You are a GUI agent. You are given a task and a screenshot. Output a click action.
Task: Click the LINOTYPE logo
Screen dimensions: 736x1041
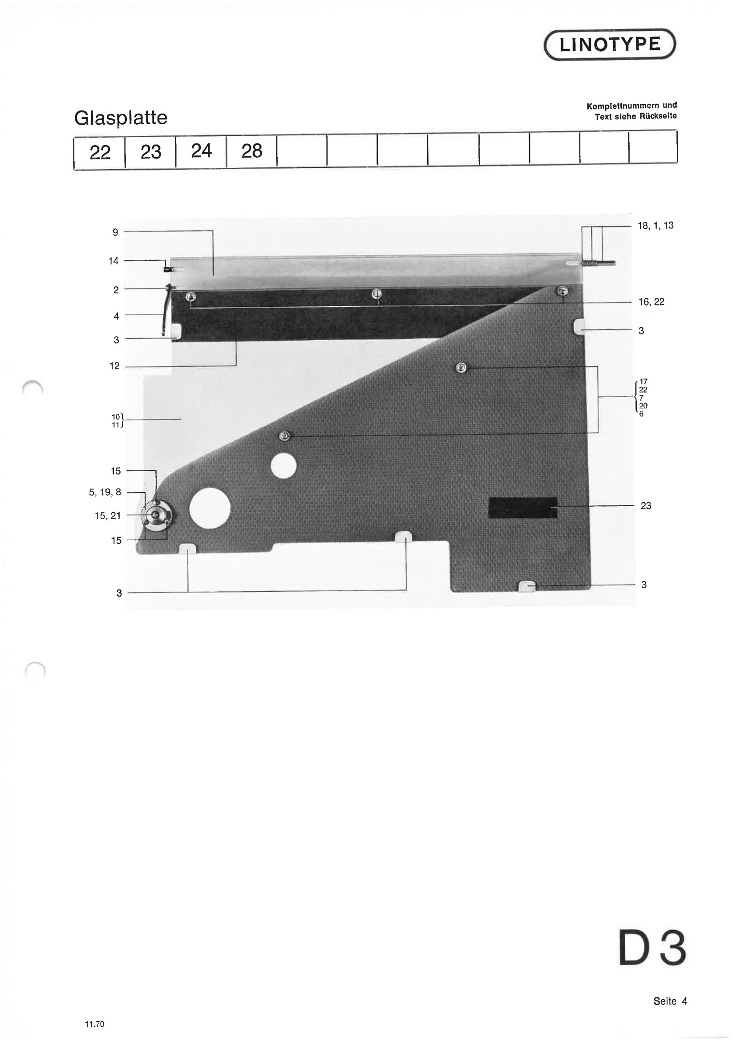pos(610,45)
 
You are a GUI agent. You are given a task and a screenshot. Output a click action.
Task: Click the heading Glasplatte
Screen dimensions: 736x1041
pos(121,118)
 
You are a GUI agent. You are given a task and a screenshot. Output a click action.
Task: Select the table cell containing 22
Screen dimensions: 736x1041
pos(100,152)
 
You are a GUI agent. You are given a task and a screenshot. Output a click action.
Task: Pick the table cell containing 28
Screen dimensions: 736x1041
pos(251,151)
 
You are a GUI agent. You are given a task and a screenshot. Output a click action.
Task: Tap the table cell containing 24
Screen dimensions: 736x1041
pos(201,151)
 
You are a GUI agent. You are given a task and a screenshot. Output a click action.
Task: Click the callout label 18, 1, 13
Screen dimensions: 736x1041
pos(655,225)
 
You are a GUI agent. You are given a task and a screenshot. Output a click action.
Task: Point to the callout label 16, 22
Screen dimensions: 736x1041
pos(651,302)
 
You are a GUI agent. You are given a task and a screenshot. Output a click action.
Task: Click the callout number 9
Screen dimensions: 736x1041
pos(116,232)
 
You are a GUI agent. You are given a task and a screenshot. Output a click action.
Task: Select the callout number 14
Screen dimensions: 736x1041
pos(113,261)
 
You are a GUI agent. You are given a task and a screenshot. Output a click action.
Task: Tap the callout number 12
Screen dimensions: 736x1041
pos(115,366)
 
